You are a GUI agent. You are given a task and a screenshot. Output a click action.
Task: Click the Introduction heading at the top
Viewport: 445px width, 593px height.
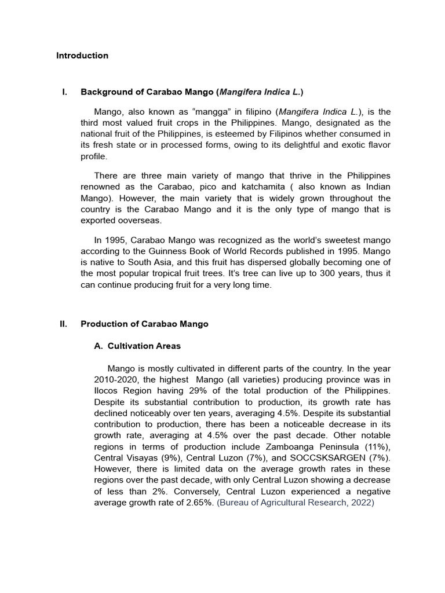[x=82, y=56]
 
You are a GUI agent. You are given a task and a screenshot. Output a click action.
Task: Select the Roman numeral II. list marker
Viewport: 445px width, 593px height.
[x=64, y=324]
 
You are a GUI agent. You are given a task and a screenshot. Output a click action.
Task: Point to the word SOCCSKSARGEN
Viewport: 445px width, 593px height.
[x=326, y=457]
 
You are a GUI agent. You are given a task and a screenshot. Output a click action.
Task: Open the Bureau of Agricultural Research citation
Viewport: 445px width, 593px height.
[x=296, y=502]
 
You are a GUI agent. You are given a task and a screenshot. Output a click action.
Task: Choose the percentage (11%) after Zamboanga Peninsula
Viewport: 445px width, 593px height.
[x=378, y=446]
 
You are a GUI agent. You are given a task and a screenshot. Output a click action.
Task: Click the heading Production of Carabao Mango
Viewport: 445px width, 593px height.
[x=144, y=324]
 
